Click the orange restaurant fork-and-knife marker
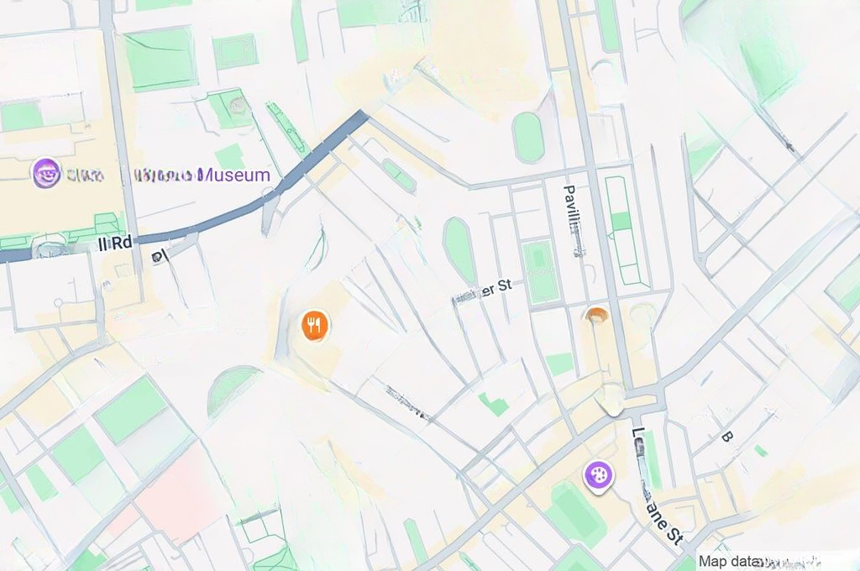(x=314, y=324)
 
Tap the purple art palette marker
(x=599, y=475)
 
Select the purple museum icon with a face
(x=46, y=174)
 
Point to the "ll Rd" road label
(x=115, y=243)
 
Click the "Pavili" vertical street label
(x=572, y=210)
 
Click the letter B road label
(x=726, y=437)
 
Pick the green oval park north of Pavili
(x=528, y=137)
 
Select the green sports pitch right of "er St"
(x=538, y=270)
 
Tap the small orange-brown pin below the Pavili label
(x=596, y=316)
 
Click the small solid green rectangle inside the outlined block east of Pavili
(x=621, y=222)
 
